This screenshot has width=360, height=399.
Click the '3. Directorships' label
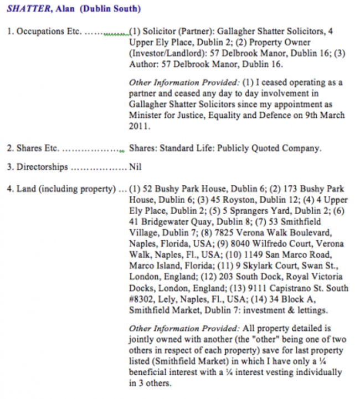click(x=37, y=167)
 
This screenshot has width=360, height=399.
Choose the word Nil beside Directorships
click(x=135, y=167)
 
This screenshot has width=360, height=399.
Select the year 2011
click(x=140, y=126)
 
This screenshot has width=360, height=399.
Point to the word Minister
click(x=146, y=115)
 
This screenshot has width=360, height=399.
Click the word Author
click(x=142, y=65)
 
